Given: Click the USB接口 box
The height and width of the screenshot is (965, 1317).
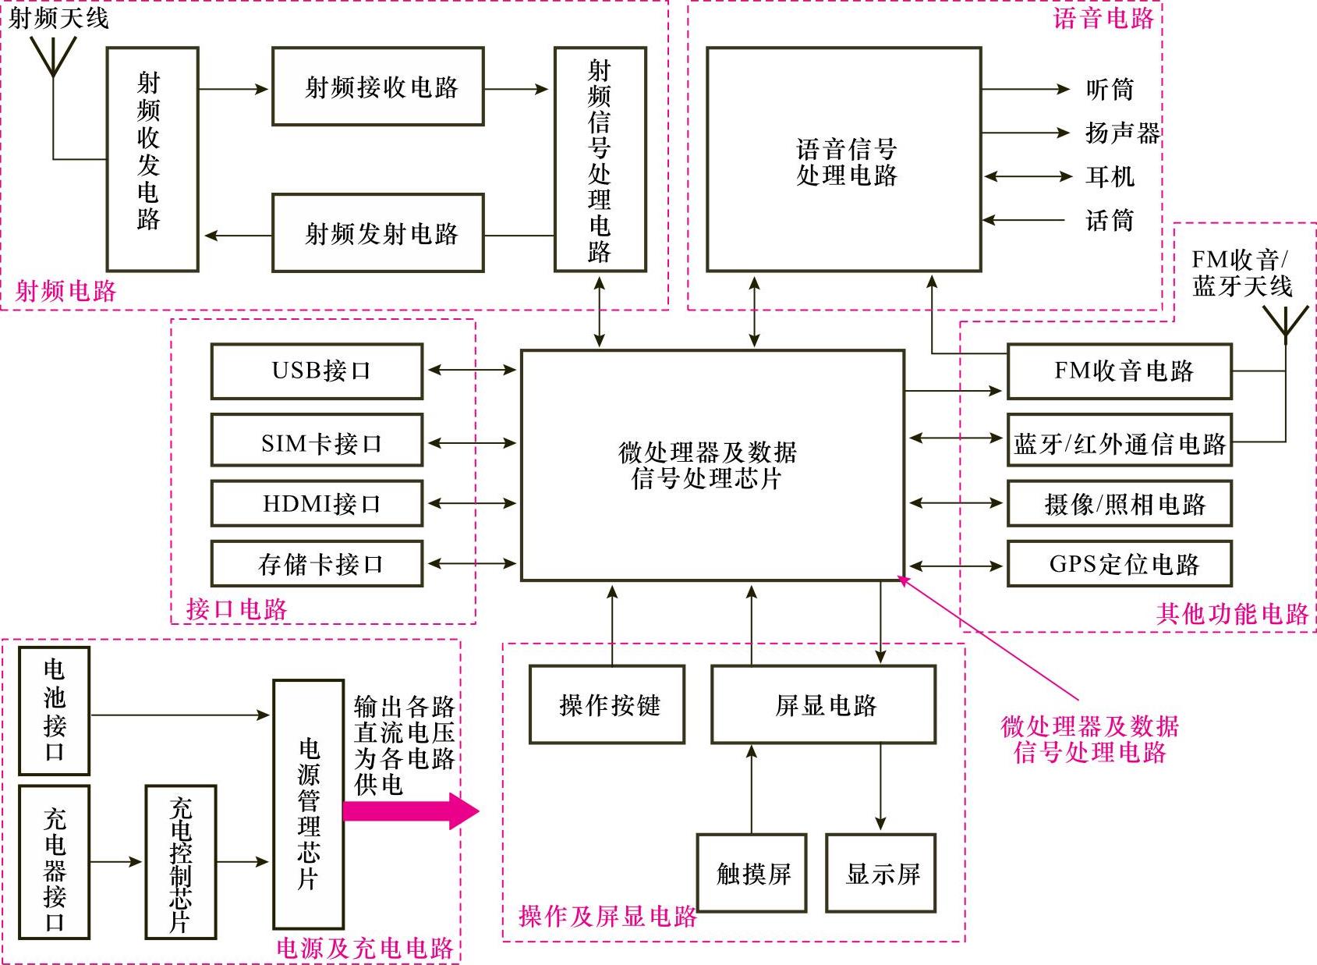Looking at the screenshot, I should (317, 371).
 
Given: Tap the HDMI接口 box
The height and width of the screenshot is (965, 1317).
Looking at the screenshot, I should (317, 503).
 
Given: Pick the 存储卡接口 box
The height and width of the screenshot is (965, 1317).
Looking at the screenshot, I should (317, 563).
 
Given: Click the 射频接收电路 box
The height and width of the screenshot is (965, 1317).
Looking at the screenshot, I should (378, 86).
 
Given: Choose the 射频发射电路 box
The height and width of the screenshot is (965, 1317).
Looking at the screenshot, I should (378, 233).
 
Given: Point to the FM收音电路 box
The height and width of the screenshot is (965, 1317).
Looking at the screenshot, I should (1120, 371).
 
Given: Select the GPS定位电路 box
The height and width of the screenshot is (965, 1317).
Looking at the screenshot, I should (1120, 563).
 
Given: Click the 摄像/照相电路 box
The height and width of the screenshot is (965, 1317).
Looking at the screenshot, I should (1120, 503).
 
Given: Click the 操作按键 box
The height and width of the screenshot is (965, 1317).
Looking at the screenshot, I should (607, 704).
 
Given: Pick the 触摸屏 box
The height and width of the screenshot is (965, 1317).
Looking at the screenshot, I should (752, 873).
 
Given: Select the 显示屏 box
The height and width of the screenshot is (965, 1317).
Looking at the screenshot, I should (881, 873).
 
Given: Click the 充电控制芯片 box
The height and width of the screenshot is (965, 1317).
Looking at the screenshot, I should (181, 862).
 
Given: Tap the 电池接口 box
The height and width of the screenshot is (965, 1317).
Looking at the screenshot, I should (55, 710).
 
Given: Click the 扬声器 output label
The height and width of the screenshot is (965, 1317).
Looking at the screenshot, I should (1122, 133).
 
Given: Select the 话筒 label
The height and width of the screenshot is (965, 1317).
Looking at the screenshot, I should (1109, 221).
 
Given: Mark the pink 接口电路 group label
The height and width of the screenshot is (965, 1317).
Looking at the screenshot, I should (237, 608).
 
